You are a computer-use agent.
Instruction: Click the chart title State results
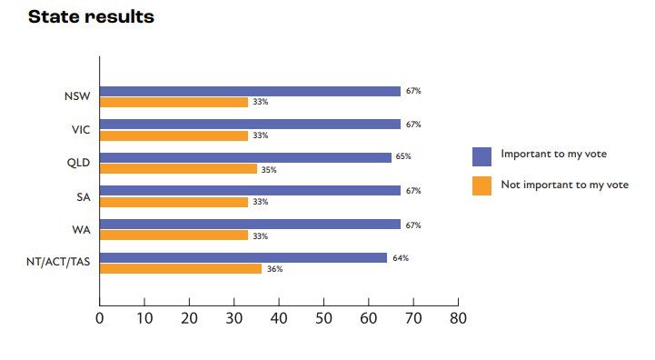91,17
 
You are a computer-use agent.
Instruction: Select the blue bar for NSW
250,91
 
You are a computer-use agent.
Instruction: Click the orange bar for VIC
174,135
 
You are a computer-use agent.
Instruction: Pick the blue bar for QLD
245,157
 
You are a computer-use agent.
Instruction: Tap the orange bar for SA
174,202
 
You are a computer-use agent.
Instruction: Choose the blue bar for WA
250,224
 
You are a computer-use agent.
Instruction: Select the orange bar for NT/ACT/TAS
180,268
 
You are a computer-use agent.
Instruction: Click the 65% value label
402,157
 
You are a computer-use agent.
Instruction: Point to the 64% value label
400,258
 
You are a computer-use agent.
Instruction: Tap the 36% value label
274,269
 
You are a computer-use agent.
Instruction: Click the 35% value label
269,169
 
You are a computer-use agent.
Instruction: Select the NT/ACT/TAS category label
58,263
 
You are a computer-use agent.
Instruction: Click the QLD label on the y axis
78,163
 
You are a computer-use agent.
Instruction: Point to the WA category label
81,229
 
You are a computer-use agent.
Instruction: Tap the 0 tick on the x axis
99,318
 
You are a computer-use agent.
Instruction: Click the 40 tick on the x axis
279,318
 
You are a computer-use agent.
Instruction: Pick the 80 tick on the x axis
458,318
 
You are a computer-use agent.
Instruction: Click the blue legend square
481,155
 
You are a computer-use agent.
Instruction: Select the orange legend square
481,185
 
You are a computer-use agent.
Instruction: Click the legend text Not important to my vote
564,185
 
